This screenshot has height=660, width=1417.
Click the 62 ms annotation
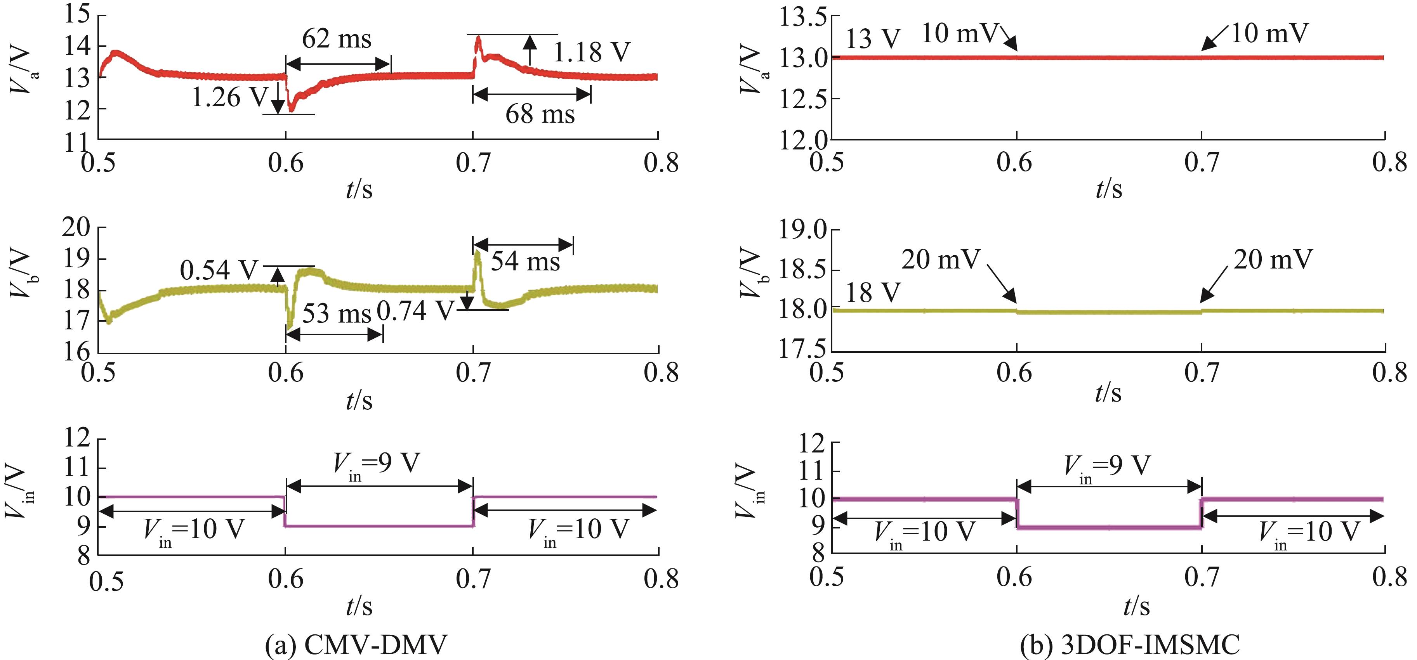[x=337, y=40]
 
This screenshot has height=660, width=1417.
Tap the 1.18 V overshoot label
[x=591, y=53]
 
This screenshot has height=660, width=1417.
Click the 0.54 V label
[x=219, y=270]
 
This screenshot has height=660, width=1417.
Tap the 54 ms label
[x=525, y=261]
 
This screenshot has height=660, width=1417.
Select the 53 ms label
[x=337, y=314]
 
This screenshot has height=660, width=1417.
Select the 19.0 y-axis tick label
[x=803, y=230]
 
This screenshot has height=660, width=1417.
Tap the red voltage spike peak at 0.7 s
[x=478, y=38]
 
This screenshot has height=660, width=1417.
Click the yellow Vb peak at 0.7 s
[x=477, y=253]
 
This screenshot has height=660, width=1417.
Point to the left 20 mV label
[x=941, y=260]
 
